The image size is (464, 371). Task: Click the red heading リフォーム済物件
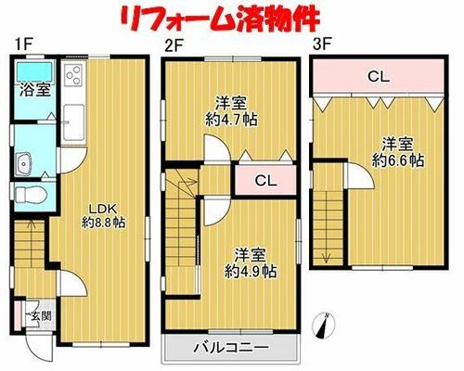pyautogui.click(x=220, y=19)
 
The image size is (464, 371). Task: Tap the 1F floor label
pyautogui.click(x=23, y=45)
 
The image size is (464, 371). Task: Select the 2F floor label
pyautogui.click(x=174, y=46)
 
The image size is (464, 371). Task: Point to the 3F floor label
pyautogui.click(x=323, y=45)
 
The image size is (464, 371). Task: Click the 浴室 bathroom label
pyautogui.click(x=35, y=90)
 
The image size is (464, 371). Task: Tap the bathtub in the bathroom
pyautogui.click(x=34, y=70)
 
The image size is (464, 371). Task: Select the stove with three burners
pyautogui.click(x=74, y=74)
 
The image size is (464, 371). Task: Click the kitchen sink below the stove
pyautogui.click(x=73, y=122)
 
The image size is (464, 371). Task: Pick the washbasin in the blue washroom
pyautogui.click(x=23, y=163)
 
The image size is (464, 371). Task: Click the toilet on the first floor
pyautogui.click(x=30, y=195)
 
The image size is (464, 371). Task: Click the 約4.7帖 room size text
pyautogui.click(x=231, y=119)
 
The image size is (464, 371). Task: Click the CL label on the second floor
pyautogui.click(x=265, y=181)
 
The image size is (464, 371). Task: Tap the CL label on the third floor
pyautogui.click(x=379, y=77)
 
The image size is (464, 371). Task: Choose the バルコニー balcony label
pyautogui.click(x=231, y=348)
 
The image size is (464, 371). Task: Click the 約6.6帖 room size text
pyautogui.click(x=398, y=160)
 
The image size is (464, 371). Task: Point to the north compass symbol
pyautogui.click(x=324, y=326)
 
